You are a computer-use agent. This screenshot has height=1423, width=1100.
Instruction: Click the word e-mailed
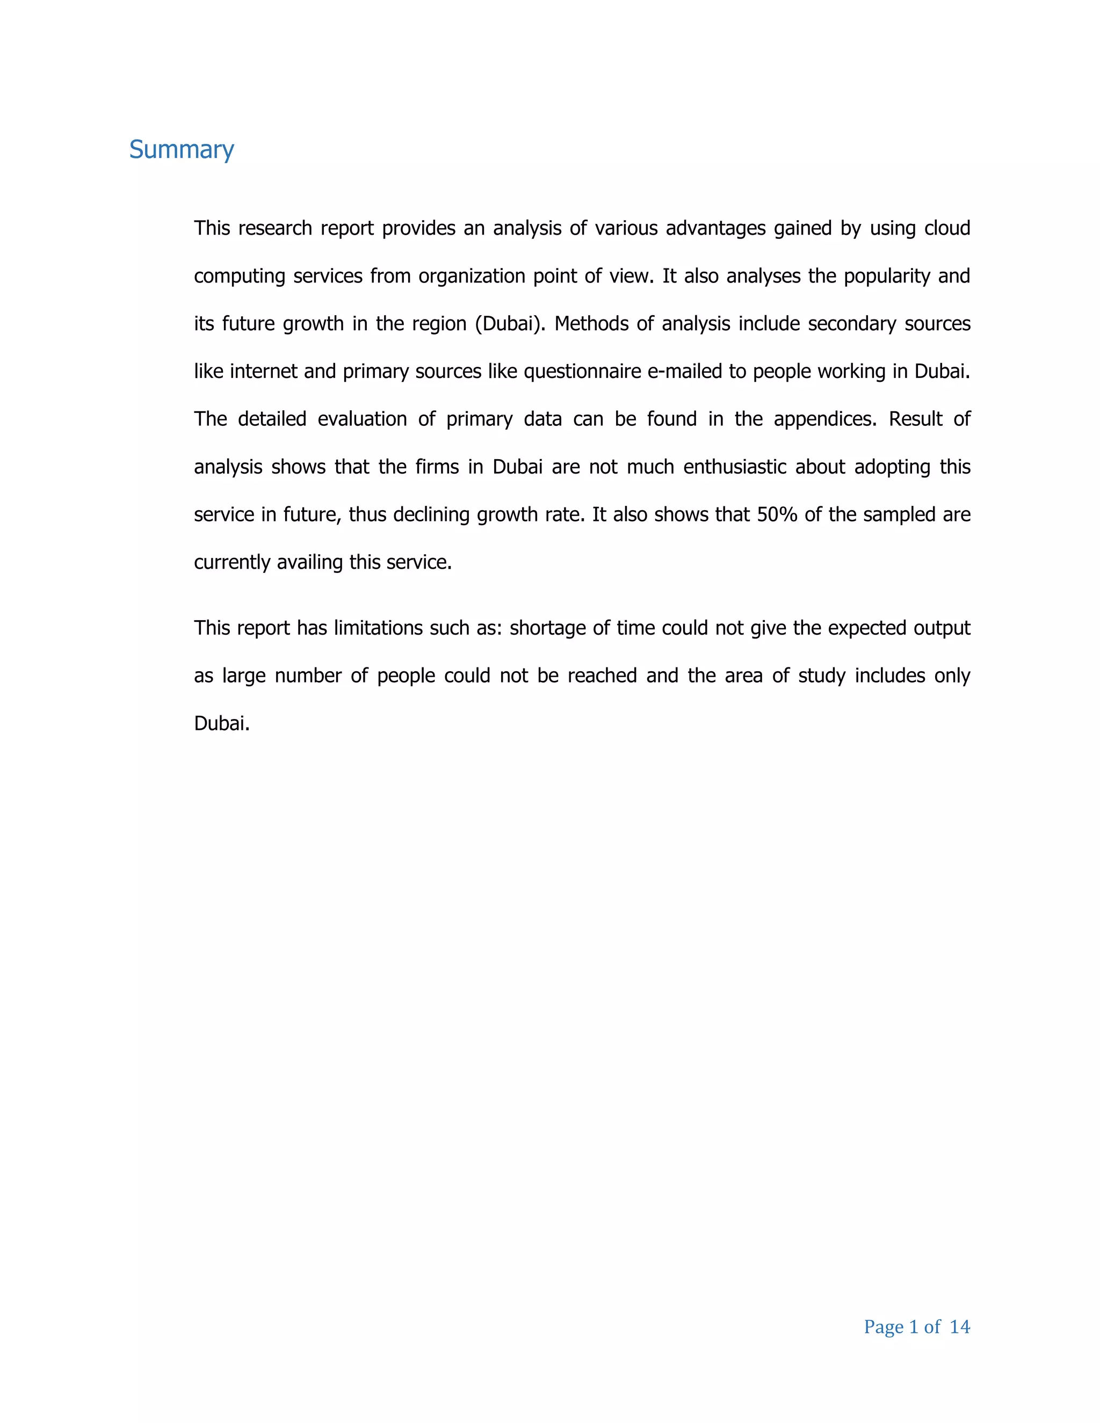684,372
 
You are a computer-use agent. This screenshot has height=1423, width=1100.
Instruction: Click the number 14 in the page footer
959,1326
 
